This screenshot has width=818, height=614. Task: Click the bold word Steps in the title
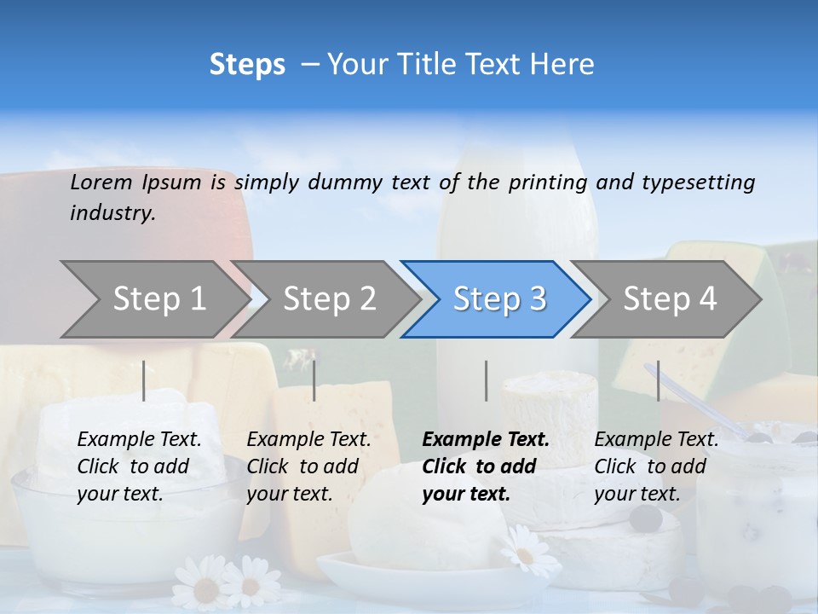[247, 65]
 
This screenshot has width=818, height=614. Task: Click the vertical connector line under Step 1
[144, 380]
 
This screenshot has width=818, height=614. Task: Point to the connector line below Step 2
[314, 380]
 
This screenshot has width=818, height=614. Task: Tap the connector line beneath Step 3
[487, 380]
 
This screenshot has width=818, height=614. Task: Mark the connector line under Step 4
[658, 380]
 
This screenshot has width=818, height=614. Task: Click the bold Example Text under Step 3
[486, 466]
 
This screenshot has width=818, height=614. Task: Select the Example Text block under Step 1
[139, 466]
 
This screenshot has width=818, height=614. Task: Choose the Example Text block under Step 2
[308, 466]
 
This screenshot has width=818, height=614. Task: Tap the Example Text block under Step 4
[656, 466]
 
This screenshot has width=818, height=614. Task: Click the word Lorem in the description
[101, 182]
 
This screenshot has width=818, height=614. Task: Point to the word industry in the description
[112, 213]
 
